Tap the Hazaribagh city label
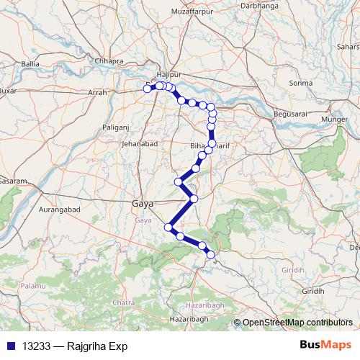[x=188, y=318]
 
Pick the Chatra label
[x=124, y=302]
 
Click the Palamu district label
[x=32, y=286]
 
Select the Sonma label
[x=300, y=83]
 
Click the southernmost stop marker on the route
[x=211, y=255]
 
